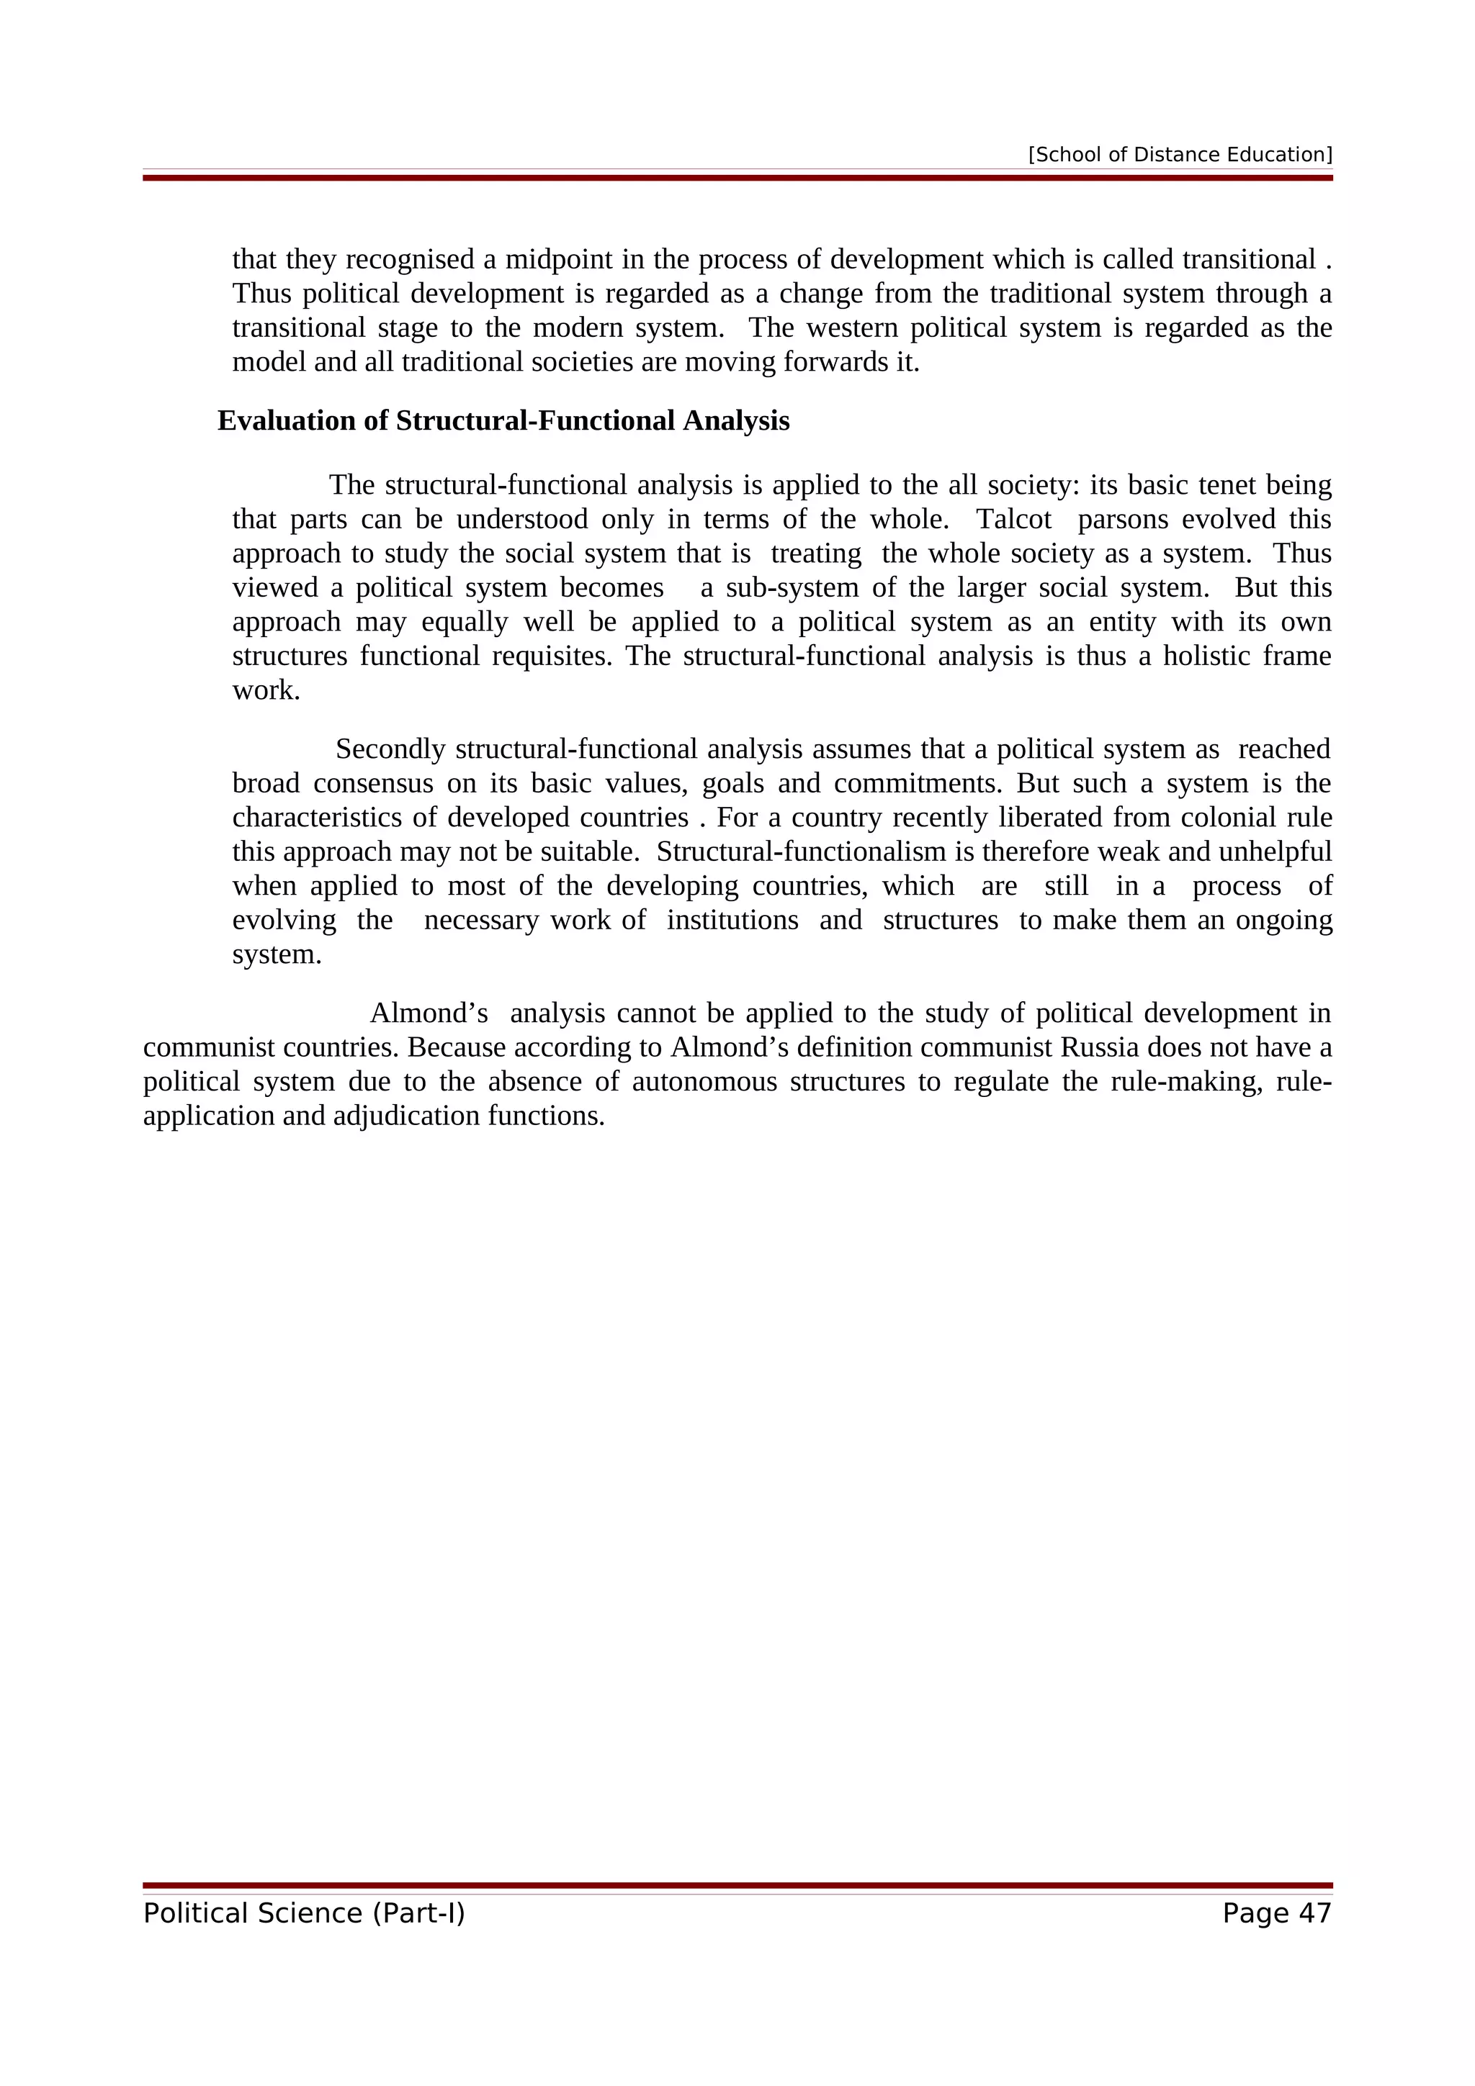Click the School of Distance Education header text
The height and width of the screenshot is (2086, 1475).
1180,155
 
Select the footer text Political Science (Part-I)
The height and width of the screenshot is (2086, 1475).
303,1913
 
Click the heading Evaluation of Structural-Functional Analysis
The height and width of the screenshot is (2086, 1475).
503,420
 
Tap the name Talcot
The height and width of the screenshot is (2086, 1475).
1013,520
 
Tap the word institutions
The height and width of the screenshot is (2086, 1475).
732,921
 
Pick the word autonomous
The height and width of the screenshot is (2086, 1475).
704,1082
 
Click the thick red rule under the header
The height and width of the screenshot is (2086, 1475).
737,178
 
